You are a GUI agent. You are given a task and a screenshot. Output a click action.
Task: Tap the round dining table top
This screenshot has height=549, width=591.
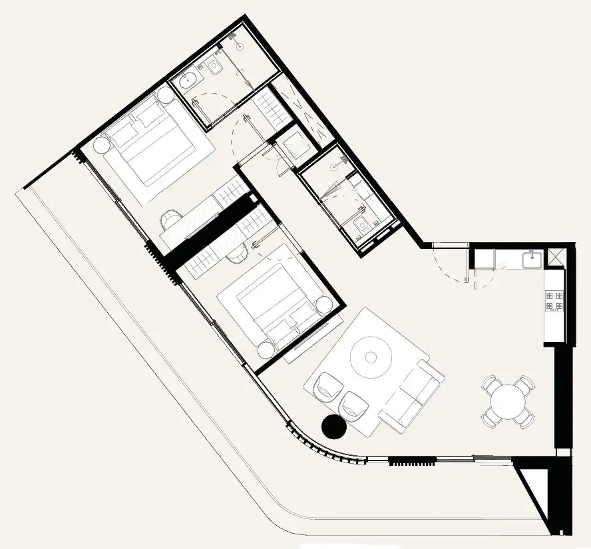click(508, 402)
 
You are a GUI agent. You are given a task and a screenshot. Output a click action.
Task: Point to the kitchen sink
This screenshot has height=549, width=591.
click(532, 259)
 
